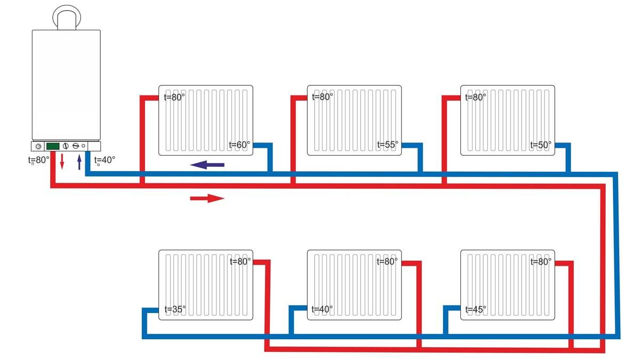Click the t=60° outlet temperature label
[239, 145]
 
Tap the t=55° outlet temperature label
[388, 145]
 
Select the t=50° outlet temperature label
[541, 145]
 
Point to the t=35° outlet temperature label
[175, 309]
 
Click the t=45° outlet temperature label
[476, 309]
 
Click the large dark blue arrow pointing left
[207, 165]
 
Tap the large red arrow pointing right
[207, 198]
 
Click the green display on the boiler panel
[52, 146]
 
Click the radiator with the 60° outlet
[205, 120]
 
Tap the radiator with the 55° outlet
[354, 120]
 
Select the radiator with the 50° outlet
[507, 120]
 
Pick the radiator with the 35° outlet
[205, 285]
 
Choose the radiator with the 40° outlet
[354, 285]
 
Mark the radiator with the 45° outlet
[507, 285]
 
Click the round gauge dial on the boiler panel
[38, 146]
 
